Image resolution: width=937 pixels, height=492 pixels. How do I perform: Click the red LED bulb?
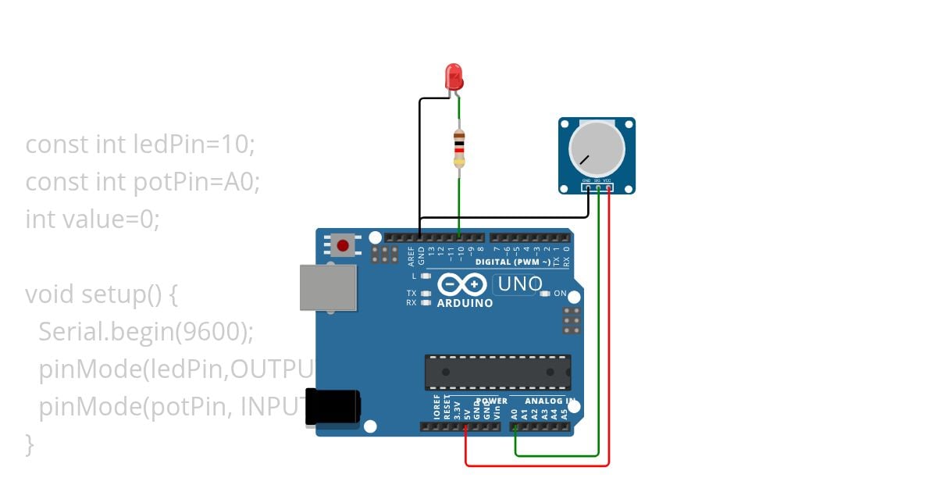(x=454, y=77)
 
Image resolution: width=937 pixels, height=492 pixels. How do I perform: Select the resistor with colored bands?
(x=459, y=148)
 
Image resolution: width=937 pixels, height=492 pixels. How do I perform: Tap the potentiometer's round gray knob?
(x=597, y=148)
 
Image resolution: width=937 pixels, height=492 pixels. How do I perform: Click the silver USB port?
(x=328, y=287)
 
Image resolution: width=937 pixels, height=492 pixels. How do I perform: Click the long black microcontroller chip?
(x=497, y=372)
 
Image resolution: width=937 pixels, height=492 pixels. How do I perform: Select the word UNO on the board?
(x=519, y=284)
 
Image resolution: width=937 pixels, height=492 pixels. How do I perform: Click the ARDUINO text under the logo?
(x=465, y=303)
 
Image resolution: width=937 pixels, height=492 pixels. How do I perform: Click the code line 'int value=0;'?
(x=92, y=219)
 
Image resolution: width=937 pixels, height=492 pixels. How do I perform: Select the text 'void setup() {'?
(x=102, y=294)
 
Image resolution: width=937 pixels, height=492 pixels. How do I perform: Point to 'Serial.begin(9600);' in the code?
(x=146, y=332)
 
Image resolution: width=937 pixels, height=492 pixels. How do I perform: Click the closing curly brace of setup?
(x=30, y=444)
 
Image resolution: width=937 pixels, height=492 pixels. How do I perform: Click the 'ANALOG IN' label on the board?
(x=549, y=401)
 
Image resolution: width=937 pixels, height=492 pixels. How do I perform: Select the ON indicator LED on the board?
(x=545, y=294)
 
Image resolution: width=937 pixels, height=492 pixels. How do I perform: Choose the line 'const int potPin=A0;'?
(x=142, y=182)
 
